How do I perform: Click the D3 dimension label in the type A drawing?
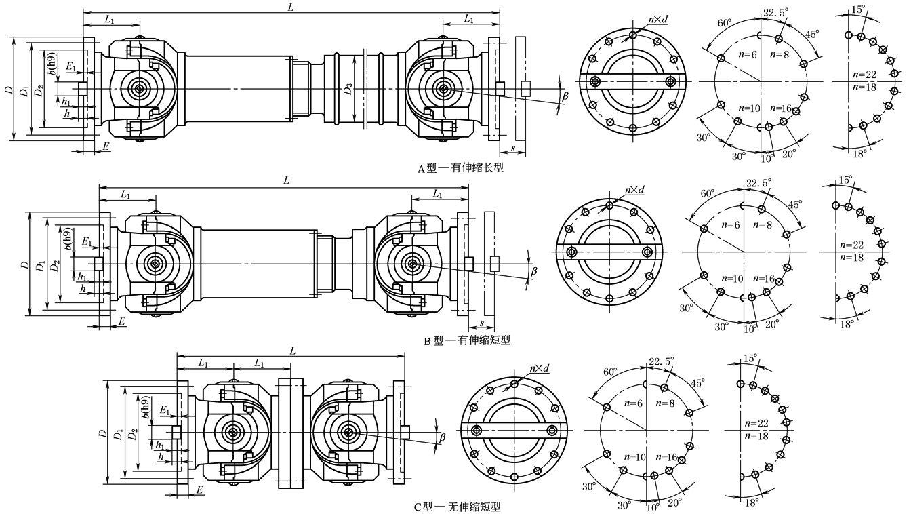348,90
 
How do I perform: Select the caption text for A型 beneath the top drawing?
460,167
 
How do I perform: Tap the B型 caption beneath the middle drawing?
467,340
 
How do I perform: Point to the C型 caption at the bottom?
457,507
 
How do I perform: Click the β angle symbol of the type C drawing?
442,437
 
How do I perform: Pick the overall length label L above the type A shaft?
290,7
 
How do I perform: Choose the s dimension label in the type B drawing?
481,323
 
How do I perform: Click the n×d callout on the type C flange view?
539,369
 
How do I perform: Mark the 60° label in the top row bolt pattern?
725,23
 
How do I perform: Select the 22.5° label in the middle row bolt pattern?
758,183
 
